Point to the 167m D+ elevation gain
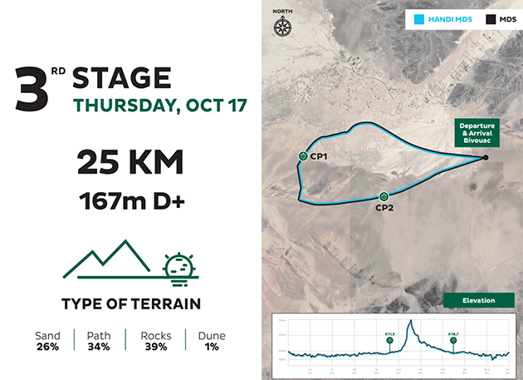130,201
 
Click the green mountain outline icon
106,259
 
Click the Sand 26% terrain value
47,341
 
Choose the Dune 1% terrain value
212,341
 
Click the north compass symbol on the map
282,24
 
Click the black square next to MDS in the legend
491,17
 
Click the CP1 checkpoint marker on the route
303,155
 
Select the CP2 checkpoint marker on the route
384,196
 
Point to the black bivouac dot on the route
486,157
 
